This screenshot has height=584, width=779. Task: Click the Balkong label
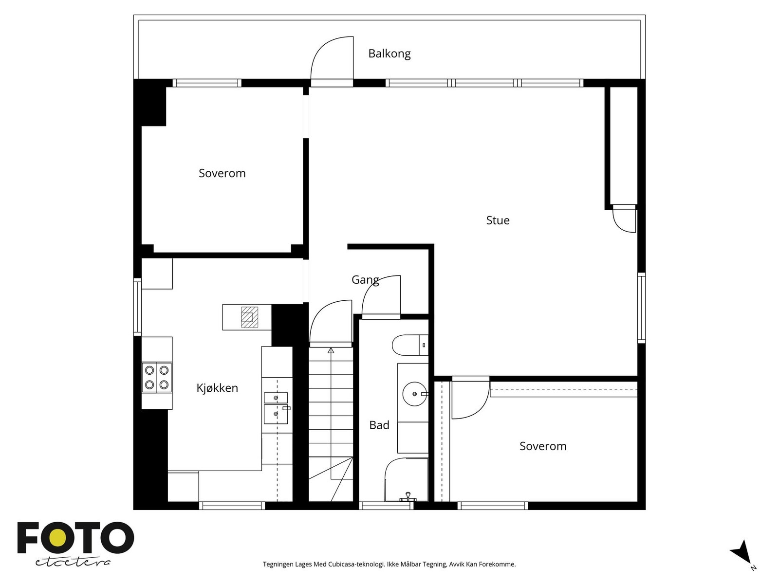(389, 54)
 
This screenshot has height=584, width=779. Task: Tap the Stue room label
(498, 220)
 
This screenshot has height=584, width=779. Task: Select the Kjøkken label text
(217, 388)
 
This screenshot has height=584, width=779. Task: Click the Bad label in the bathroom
(379, 425)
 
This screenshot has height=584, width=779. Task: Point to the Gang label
(365, 280)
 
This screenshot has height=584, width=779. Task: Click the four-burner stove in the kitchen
(157, 377)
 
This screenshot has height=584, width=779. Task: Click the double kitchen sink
(276, 407)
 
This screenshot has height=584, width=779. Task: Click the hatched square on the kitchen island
(249, 317)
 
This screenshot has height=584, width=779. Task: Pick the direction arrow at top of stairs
(331, 350)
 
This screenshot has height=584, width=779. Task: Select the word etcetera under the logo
(73, 562)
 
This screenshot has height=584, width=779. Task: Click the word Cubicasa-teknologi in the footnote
(356, 565)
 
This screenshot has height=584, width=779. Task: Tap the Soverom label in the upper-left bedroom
(222, 173)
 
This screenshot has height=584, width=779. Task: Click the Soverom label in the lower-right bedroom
(543, 446)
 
